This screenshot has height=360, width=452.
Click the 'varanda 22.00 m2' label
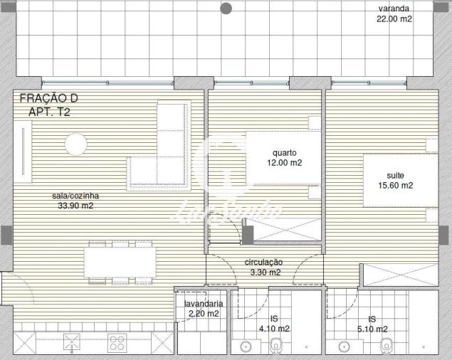(x=394, y=14)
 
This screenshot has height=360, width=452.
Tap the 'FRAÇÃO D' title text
(x=48, y=98)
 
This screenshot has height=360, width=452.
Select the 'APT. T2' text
(x=48, y=112)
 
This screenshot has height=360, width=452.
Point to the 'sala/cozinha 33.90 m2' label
(x=75, y=201)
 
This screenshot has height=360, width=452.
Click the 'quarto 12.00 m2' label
(x=285, y=157)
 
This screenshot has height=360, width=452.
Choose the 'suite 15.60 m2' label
(x=399, y=180)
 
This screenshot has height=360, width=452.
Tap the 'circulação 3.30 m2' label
(x=263, y=267)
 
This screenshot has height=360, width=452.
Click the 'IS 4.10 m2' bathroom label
(x=275, y=324)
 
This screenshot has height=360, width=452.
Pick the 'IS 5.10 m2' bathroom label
(x=372, y=324)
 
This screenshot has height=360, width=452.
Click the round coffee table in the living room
(x=75, y=145)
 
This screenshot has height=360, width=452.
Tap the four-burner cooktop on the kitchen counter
(x=116, y=343)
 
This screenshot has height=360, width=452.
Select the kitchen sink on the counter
(x=71, y=342)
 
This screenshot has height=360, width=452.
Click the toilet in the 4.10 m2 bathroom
(x=277, y=346)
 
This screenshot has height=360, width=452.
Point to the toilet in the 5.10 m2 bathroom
(x=387, y=346)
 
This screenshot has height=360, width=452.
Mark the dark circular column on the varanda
(x=226, y=9)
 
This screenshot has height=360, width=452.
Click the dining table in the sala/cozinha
(x=120, y=262)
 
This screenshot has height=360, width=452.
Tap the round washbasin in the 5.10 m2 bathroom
(x=345, y=347)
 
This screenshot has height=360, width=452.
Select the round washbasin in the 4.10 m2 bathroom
(x=246, y=347)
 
